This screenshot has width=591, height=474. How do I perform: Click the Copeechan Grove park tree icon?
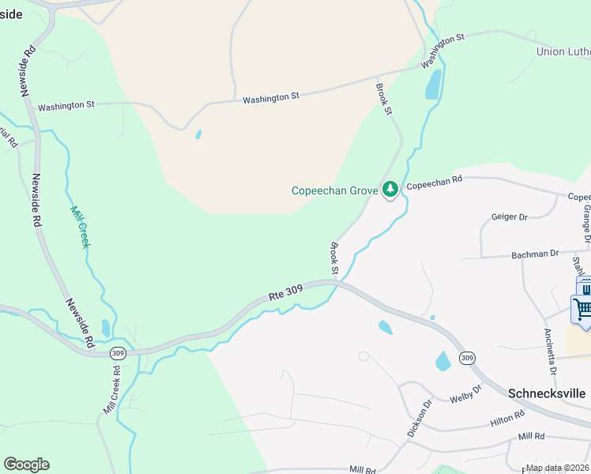(389, 190)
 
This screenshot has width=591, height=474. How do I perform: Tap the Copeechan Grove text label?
(334, 190)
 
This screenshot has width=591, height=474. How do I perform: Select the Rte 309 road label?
(285, 294)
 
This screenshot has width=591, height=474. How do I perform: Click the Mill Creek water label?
(81, 227)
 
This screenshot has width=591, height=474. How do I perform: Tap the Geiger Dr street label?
(509, 216)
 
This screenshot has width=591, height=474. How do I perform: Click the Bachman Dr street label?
(536, 254)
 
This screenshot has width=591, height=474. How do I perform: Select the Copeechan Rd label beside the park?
(434, 182)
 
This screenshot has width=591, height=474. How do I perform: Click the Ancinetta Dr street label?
(551, 351)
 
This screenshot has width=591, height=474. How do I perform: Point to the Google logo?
(26, 465)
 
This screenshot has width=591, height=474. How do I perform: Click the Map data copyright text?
(557, 468)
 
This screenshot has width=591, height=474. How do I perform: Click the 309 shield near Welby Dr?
(467, 358)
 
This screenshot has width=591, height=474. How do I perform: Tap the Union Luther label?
(563, 52)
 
